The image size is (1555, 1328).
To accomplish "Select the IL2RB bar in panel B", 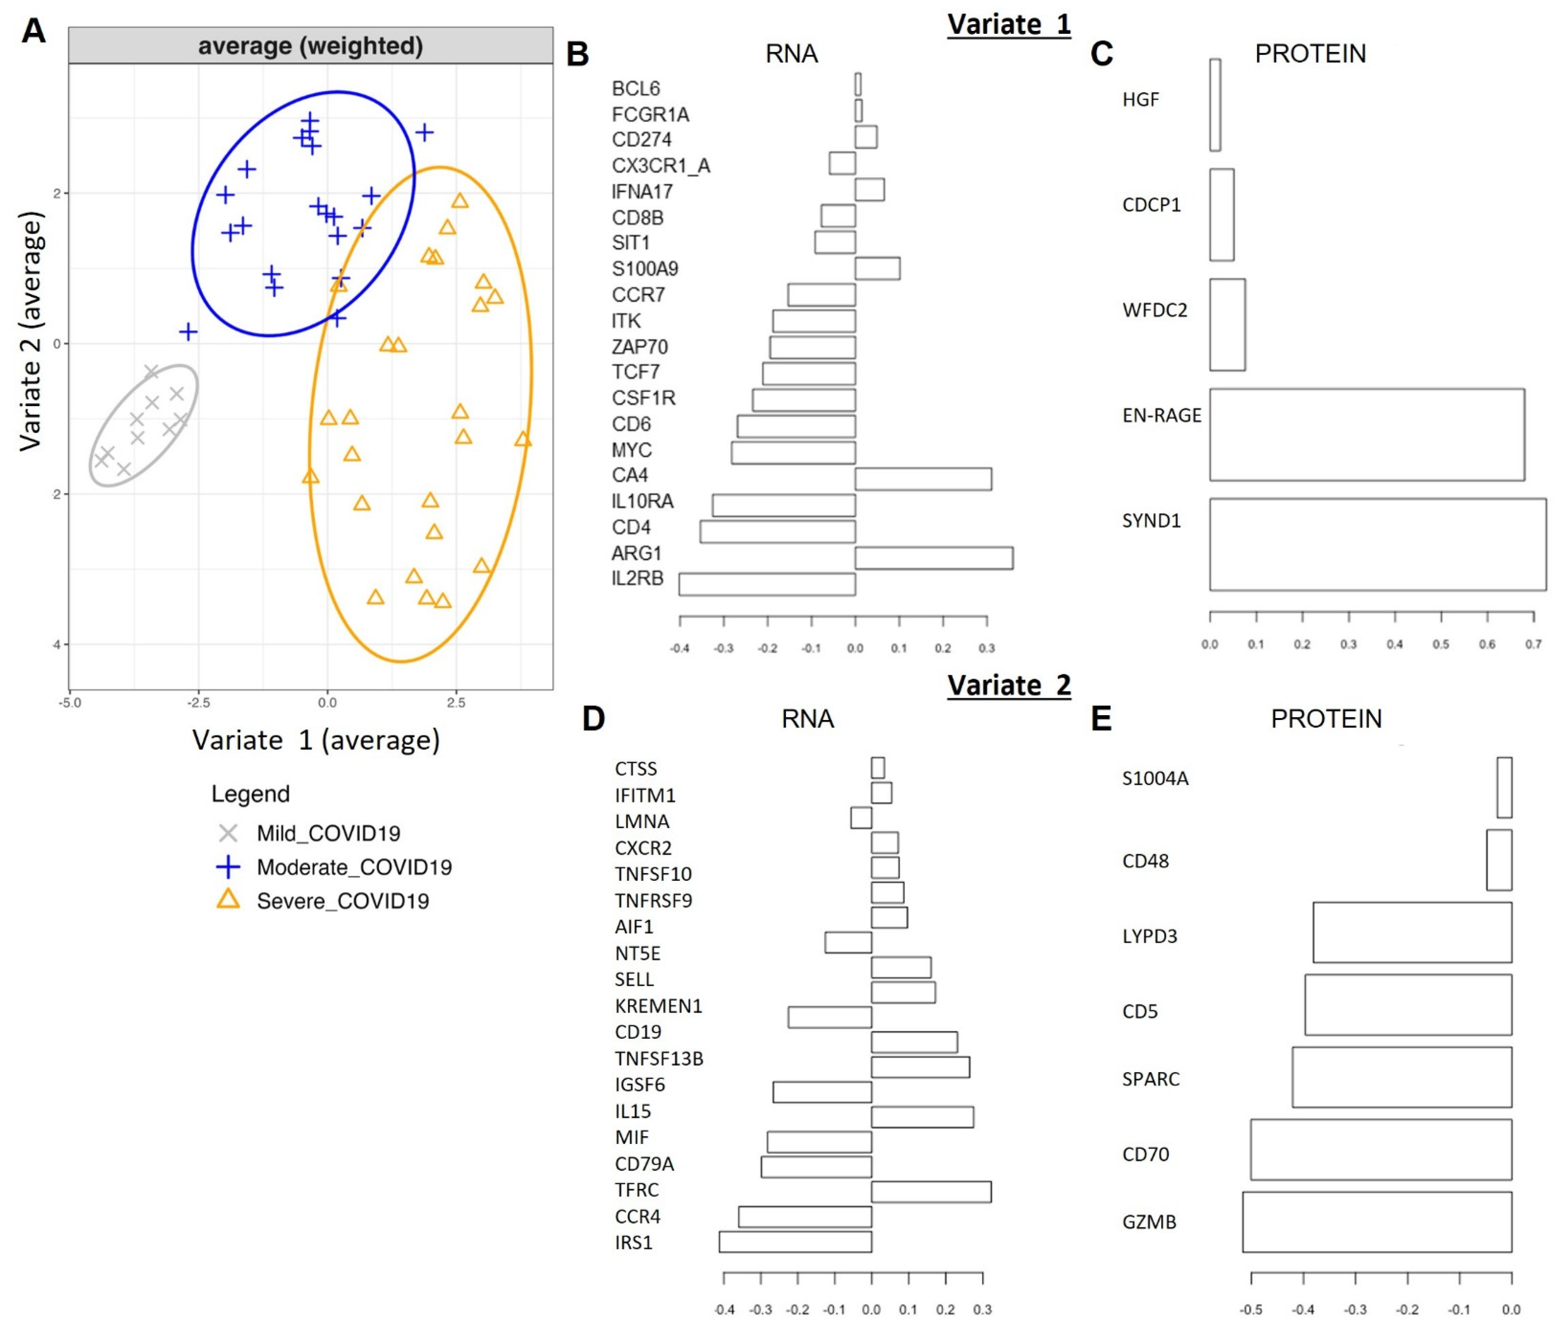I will click(767, 584).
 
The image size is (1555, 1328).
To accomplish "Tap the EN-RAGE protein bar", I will click(1366, 435).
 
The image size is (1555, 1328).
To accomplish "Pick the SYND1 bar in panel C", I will click(1377, 544).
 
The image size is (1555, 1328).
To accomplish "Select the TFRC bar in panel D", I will click(930, 1191).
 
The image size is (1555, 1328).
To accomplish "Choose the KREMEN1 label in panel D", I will click(658, 1006).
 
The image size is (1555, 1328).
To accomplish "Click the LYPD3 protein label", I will click(1149, 936).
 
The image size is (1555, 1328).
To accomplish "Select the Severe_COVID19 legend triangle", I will click(228, 900).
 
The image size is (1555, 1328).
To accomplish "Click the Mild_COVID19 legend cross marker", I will click(228, 833).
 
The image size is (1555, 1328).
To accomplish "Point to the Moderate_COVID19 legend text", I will click(354, 867).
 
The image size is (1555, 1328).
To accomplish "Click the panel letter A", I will click(34, 31).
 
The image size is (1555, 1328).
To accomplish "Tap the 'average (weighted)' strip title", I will click(310, 46).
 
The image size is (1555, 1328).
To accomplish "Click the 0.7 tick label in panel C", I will click(1533, 645).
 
